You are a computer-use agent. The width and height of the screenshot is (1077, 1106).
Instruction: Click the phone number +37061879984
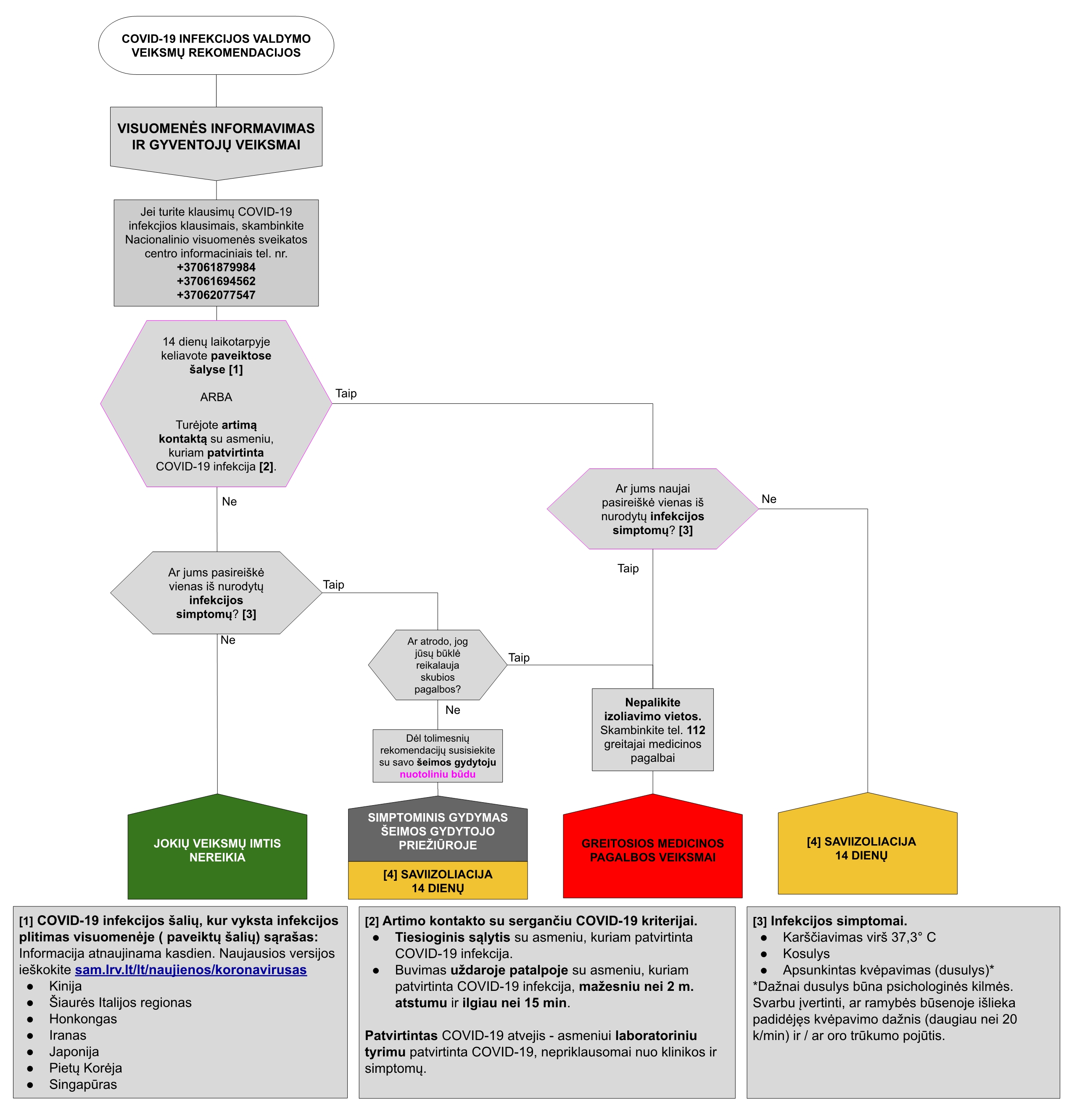(216, 267)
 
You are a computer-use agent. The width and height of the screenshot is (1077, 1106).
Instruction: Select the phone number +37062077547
(216, 295)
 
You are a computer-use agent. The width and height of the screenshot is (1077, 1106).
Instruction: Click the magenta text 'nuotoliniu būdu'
(437, 774)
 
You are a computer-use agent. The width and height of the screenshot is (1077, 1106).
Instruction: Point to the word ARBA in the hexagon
(216, 397)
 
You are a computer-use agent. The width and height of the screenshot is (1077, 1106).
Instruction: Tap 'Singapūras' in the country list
(83, 1084)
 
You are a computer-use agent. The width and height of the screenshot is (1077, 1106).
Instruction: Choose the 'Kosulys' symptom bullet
(806, 953)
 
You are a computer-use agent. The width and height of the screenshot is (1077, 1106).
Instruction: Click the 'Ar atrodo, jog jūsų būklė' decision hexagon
(437, 665)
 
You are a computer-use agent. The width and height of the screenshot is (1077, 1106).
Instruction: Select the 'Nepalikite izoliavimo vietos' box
(653, 729)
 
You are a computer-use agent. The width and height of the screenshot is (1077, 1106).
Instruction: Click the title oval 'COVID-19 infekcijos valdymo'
(216, 45)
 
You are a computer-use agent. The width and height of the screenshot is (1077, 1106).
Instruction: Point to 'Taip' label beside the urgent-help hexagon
(519, 657)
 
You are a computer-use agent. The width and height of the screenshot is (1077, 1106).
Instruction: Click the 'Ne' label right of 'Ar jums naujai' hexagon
(769, 499)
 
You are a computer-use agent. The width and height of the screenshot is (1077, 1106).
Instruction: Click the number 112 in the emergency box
(696, 730)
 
